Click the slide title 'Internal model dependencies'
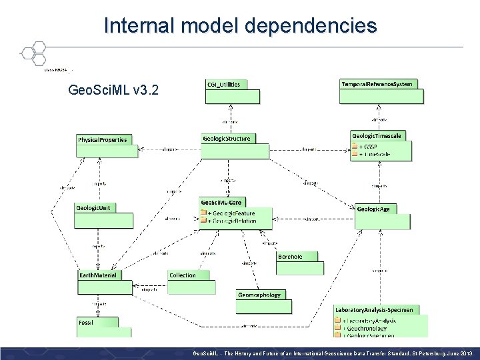pyautogui.click(x=240, y=25)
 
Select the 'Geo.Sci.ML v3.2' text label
pyautogui.click(x=113, y=89)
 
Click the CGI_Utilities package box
pyautogui.click(x=231, y=91)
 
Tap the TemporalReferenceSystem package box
pyautogui.click(x=381, y=91)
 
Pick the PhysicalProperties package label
pyautogui.click(x=102, y=140)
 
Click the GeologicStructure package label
pyautogui.click(x=227, y=139)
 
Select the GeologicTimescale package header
pyautogui.click(x=377, y=136)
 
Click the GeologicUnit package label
pyautogui.click(x=93, y=208)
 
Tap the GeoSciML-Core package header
pyautogui.click(x=223, y=202)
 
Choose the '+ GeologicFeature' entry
pyautogui.click(x=231, y=213)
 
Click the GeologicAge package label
pyautogui.click(x=374, y=209)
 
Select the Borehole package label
pyautogui.click(x=291, y=257)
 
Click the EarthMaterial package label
pyautogui.click(x=98, y=275)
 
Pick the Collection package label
pyautogui.click(x=183, y=275)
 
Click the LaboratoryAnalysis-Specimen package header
pyautogui.click(x=374, y=309)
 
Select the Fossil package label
pyautogui.click(x=86, y=322)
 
